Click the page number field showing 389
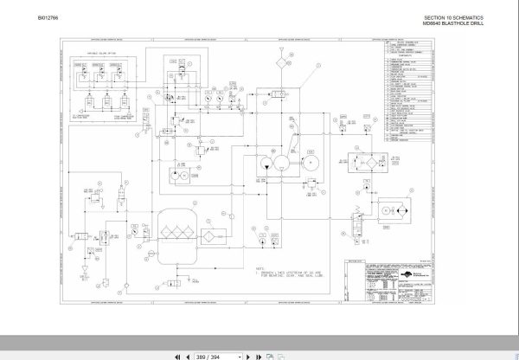(x=206, y=353)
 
